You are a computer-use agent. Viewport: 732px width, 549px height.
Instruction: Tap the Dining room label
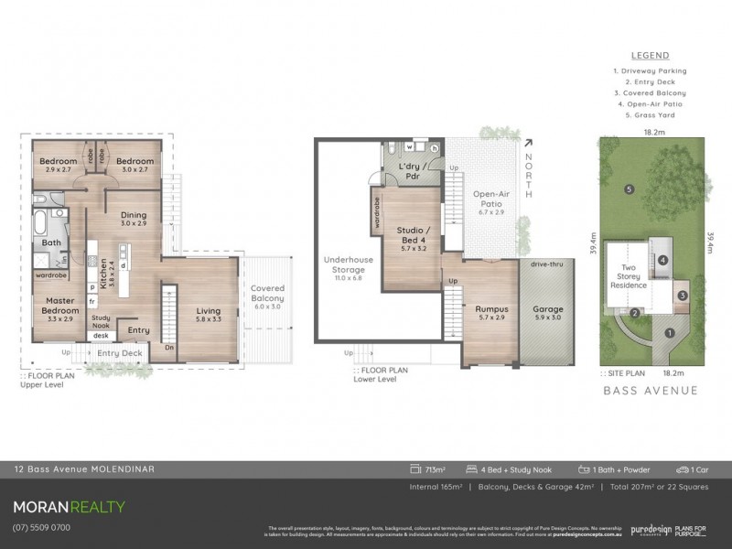tap(134, 219)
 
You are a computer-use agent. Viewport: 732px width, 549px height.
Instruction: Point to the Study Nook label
tap(101, 321)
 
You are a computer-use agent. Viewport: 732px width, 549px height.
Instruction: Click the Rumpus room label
tap(490, 313)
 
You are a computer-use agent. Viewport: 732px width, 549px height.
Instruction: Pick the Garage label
tap(548, 313)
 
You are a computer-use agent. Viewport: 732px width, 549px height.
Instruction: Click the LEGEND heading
tap(650, 55)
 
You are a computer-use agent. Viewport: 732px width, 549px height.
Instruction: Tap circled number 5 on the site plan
tap(629, 189)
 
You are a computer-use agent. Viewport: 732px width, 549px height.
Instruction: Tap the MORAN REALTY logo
tap(69, 506)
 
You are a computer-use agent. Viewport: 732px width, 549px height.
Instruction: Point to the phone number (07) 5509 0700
tap(42, 527)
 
